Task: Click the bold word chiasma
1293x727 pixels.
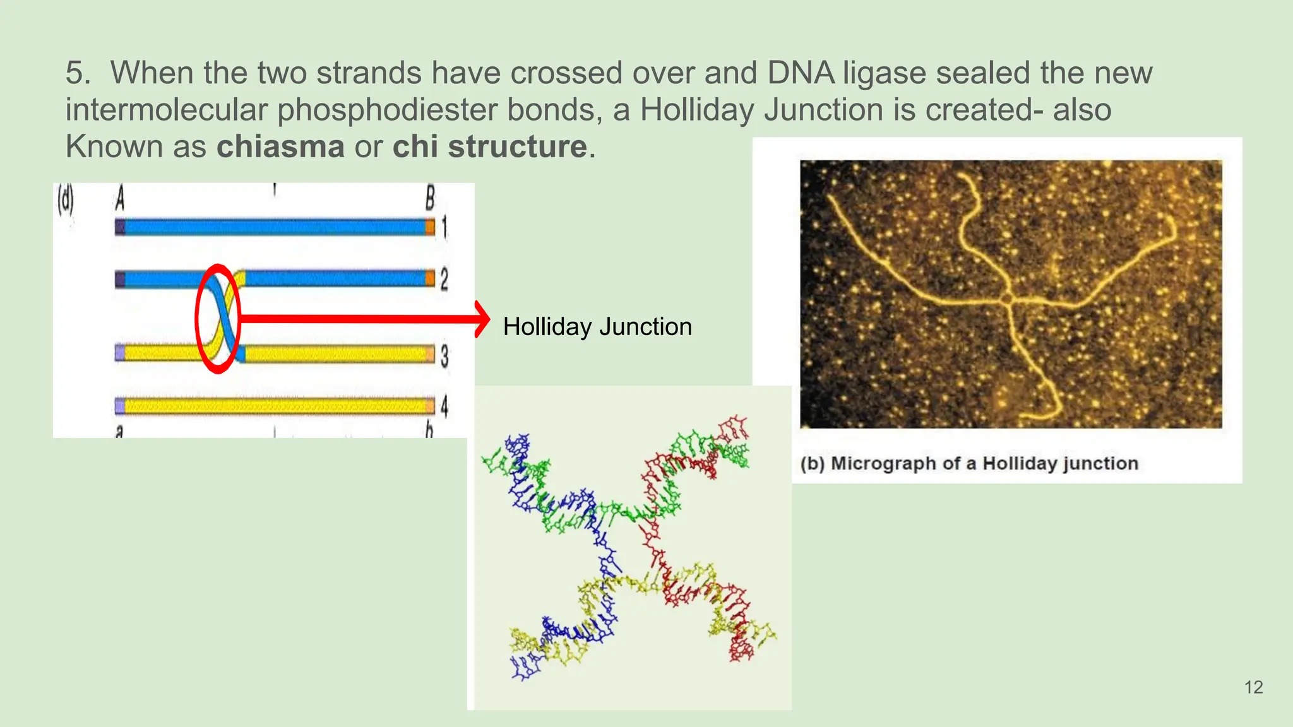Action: point(280,147)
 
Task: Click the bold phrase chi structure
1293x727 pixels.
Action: point(490,147)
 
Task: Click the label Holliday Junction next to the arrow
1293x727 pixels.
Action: point(597,327)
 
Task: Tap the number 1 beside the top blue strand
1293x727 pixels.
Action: point(444,227)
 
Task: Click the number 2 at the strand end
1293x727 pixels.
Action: point(444,279)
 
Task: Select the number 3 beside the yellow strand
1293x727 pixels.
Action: point(444,356)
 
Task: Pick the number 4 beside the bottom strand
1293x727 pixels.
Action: point(444,406)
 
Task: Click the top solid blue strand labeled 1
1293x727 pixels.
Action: point(275,227)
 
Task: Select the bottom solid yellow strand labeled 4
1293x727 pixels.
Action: point(275,405)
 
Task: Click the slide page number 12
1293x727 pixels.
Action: point(1253,687)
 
